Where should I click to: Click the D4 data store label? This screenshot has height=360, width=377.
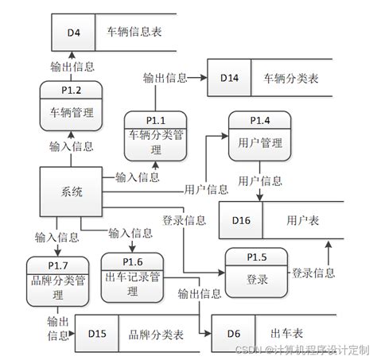[x=73, y=33]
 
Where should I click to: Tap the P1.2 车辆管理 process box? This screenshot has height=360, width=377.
[x=72, y=105]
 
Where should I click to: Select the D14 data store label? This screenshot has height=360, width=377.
[x=229, y=78]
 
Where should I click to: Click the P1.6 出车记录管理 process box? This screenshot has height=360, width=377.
[x=133, y=277]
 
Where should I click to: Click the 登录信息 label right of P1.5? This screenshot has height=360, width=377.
[x=313, y=273]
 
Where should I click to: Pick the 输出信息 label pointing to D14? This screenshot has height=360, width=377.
[x=165, y=78]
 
